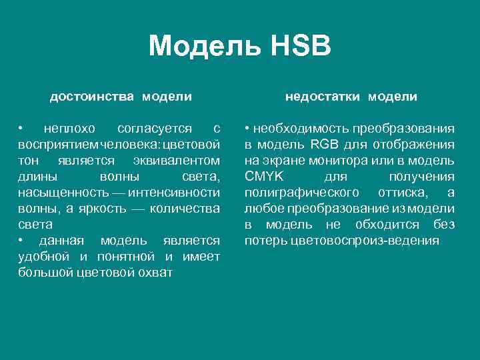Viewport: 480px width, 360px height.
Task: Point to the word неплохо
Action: (69, 128)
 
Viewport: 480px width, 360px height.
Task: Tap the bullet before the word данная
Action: (22, 241)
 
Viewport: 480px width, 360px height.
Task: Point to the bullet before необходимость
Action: (247, 128)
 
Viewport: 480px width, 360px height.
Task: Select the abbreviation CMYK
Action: (264, 177)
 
